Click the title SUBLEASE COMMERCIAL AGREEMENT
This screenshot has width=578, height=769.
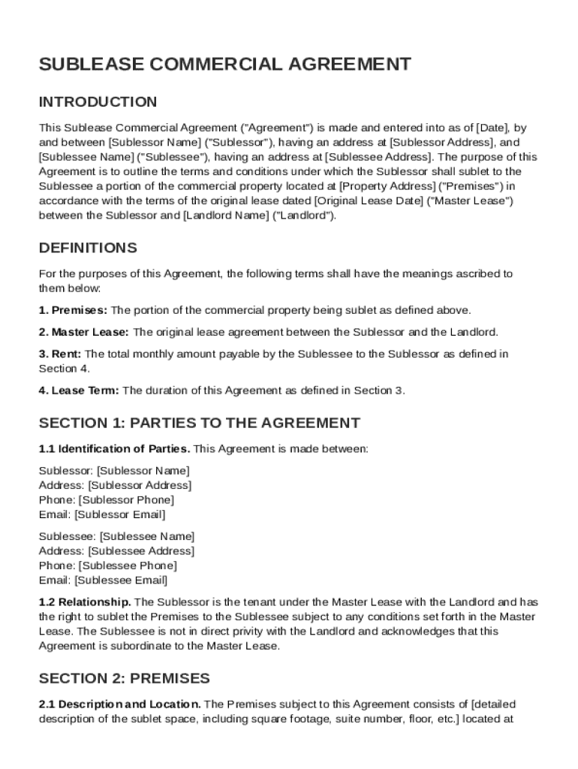[224, 64]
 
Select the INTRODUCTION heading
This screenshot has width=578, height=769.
[98, 101]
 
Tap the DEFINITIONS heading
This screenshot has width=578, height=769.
[88, 248]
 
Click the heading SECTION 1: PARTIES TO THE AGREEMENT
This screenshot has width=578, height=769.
[199, 423]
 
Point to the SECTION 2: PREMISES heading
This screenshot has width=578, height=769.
[124, 678]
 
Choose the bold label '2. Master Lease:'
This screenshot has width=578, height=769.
[83, 332]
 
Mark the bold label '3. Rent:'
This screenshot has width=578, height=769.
[61, 354]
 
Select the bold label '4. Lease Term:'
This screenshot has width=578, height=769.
[79, 391]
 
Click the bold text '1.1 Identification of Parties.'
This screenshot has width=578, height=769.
[115, 449]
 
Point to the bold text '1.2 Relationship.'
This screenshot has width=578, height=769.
[85, 602]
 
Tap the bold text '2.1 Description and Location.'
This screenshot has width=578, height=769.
[119, 704]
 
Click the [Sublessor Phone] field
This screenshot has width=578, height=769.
[126, 500]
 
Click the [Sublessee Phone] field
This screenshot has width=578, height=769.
[128, 565]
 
